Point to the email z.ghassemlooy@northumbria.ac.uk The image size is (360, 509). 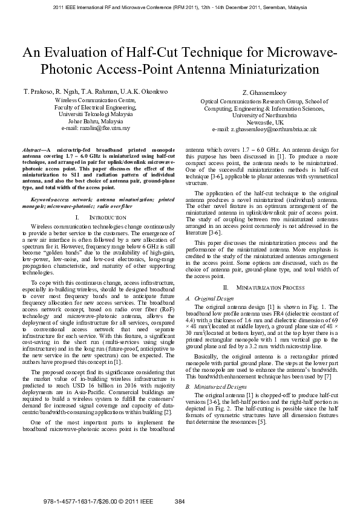264,129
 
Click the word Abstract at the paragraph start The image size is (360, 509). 31,148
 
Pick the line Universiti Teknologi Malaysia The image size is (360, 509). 96,114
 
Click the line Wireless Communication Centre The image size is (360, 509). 96,99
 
